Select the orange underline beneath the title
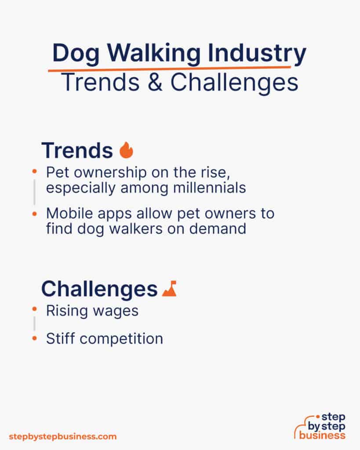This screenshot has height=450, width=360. [169, 68]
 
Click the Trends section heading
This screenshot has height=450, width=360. [77, 151]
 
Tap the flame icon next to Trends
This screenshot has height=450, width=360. [126, 150]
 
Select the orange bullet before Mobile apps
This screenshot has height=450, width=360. [34, 214]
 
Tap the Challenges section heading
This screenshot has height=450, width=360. [99, 289]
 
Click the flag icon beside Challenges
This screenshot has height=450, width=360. [169, 289]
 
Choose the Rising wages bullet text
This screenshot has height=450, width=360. [92, 311]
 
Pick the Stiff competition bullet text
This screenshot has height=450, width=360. [105, 338]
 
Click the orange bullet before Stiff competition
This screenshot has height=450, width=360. [34, 338]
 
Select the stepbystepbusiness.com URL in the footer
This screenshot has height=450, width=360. [63, 436]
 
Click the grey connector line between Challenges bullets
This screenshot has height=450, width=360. [34, 324]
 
